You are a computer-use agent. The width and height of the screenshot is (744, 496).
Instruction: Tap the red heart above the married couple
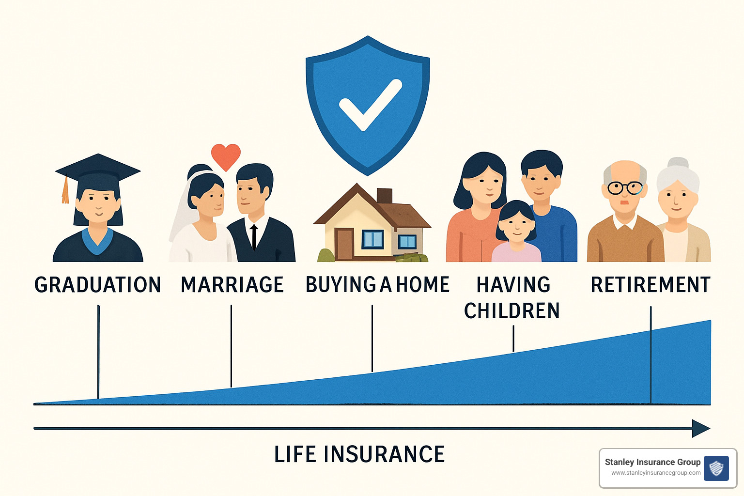coord(226,156)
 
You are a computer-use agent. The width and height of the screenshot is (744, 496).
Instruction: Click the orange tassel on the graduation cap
coord(65,191)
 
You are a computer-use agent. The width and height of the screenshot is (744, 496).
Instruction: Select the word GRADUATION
coord(97,285)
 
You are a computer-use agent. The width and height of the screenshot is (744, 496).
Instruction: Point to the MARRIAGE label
coord(232,285)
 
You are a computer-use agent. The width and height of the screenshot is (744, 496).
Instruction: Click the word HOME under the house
coord(423,285)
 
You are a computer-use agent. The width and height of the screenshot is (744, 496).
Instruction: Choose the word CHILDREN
coord(511,311)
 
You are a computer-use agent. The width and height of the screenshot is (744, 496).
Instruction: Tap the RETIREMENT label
coord(650,285)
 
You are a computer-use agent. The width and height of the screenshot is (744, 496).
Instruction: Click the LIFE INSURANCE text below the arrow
coord(359,454)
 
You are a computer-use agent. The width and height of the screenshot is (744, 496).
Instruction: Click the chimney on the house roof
coord(384,196)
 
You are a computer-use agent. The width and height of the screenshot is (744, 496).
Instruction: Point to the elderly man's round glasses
coord(625,187)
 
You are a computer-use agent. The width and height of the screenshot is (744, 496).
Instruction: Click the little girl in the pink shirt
coord(516,232)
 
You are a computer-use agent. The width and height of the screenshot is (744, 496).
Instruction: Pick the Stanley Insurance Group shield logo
coord(716,468)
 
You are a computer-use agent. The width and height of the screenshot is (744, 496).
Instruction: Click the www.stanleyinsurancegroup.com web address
coord(655,473)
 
